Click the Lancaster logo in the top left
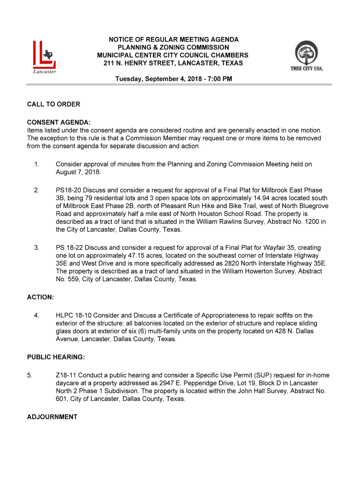tap(44, 57)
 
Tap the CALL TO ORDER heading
tap(53, 104)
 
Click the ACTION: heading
tap(40, 297)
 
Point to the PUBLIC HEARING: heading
tap(56, 357)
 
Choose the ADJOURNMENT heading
tap(52, 417)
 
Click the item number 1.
tap(36, 164)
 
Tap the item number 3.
tap(36, 247)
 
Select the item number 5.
tap(30, 375)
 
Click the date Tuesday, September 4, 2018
tap(159, 79)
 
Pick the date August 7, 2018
tap(78, 172)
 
